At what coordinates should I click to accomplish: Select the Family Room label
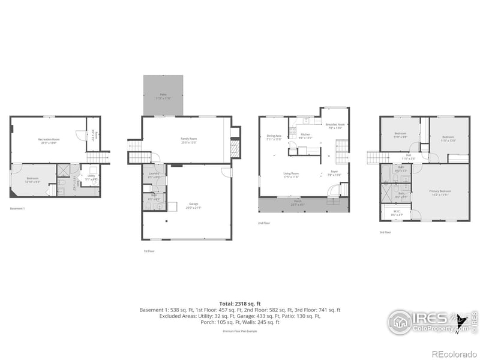tap(189, 140)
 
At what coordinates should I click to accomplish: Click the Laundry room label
tap(154, 175)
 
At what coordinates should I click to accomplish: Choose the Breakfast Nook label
tap(335, 125)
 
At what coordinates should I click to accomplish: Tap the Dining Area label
tap(274, 137)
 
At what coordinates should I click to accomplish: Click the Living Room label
tap(292, 175)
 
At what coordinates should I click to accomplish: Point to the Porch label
tap(298, 204)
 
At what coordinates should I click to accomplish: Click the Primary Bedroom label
tap(439, 192)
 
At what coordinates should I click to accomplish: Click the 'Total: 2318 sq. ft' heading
tap(240, 303)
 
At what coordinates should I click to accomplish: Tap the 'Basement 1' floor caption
tap(17, 209)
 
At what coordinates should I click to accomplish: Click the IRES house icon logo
tap(400, 322)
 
